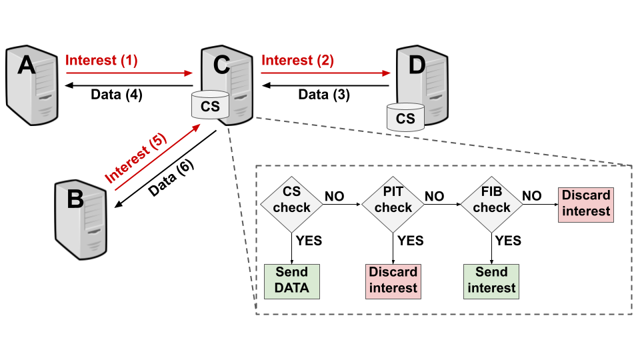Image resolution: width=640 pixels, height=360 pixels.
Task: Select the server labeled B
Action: (x=81, y=220)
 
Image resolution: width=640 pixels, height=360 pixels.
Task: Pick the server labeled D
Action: (x=424, y=83)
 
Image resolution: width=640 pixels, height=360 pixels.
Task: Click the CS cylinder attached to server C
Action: (x=210, y=106)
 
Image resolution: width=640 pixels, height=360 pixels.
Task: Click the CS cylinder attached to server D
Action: (x=405, y=118)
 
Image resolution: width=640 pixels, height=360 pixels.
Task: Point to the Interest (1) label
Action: (x=101, y=61)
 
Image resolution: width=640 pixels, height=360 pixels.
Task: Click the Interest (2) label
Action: (x=297, y=61)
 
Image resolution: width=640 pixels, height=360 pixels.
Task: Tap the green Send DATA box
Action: (x=291, y=281)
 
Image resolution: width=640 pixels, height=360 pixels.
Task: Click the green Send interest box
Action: (x=491, y=281)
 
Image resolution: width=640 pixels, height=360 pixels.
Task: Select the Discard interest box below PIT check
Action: (x=393, y=281)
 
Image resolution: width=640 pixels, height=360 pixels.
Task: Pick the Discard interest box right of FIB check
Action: (x=585, y=204)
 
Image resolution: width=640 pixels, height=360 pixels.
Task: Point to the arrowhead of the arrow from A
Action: (x=189, y=73)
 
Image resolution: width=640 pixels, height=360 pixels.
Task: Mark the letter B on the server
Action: (x=75, y=199)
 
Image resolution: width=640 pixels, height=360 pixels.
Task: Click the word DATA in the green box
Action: (x=291, y=289)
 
